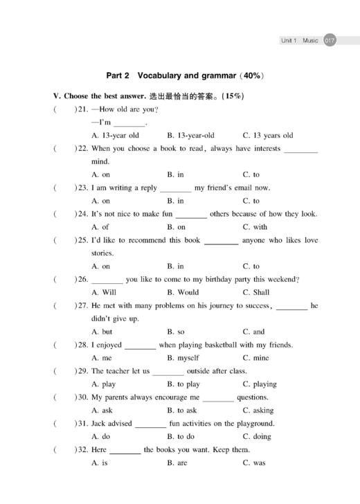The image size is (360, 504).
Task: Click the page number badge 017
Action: coord(330,41)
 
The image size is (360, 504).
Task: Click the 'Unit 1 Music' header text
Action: coord(299,41)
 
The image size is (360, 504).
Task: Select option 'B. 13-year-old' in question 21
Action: coord(190,136)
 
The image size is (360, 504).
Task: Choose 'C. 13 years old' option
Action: coord(267,136)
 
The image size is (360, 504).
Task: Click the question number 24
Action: coord(82,214)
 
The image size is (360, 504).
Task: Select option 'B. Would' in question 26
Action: coord(183,292)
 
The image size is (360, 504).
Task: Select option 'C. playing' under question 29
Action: coord(260,384)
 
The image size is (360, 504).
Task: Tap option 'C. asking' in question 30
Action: coord(258,411)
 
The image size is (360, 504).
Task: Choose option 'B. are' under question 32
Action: coord(177,463)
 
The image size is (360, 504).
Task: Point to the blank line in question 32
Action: coord(125,451)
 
